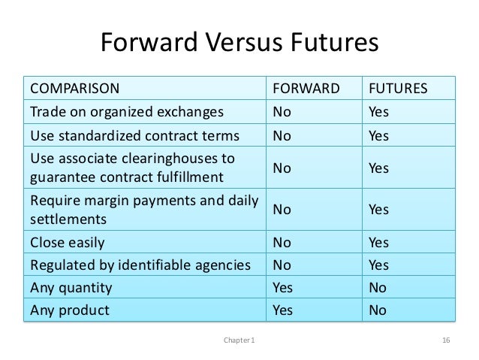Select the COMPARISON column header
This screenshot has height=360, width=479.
(x=74, y=89)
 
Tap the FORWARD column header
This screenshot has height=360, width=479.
(x=305, y=89)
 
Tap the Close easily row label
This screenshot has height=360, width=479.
(x=67, y=243)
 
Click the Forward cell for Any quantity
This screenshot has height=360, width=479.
(x=283, y=286)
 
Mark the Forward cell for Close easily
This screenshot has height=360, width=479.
(x=282, y=243)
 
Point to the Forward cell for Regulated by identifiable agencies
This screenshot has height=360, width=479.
(x=282, y=265)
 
